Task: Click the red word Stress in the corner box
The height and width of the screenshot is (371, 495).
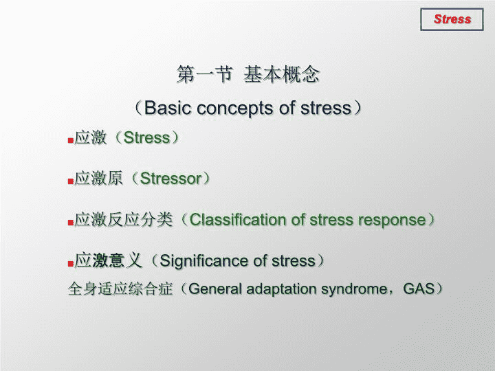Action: tap(452, 19)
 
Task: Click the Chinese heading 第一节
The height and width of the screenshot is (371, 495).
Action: tap(205, 74)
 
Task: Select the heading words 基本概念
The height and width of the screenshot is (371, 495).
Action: tap(282, 74)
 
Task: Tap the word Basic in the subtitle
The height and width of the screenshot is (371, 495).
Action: tap(168, 108)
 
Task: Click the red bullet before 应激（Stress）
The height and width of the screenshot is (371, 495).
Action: tap(71, 140)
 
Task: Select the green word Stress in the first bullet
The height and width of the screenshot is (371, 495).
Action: tap(147, 138)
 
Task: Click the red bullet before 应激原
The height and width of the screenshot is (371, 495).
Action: tap(71, 181)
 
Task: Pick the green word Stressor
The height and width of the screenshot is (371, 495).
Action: tap(170, 179)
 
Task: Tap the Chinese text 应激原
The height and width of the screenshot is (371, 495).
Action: tap(98, 178)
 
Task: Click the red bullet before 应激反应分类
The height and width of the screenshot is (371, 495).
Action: tap(71, 223)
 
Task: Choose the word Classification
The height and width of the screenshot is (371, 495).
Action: tap(237, 220)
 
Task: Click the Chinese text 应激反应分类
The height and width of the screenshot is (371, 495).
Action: tap(124, 219)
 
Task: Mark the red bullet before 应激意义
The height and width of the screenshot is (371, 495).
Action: tap(71, 263)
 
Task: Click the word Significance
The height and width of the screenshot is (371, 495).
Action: tap(205, 262)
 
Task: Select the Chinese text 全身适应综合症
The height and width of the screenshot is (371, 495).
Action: tap(120, 289)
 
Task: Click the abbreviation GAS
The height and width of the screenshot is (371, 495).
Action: tap(419, 289)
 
